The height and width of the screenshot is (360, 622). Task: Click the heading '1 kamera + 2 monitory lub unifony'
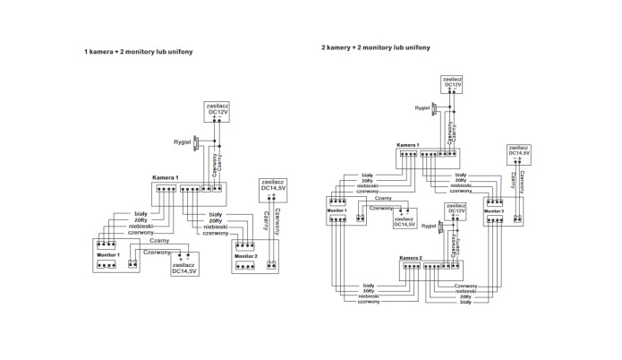(x=139, y=52)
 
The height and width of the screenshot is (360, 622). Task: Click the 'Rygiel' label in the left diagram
(x=183, y=141)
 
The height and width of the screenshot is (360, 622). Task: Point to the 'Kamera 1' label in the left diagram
(x=166, y=177)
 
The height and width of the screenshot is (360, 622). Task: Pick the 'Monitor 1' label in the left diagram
(x=107, y=256)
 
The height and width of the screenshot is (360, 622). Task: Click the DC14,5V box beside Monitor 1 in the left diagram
(x=183, y=267)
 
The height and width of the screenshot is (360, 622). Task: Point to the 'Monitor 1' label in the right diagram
(x=337, y=210)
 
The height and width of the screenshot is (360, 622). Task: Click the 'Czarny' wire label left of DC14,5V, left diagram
(x=160, y=240)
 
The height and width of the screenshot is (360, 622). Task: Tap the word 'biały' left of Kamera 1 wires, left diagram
(x=141, y=214)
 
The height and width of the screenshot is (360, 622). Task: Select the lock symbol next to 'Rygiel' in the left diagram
(x=204, y=142)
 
